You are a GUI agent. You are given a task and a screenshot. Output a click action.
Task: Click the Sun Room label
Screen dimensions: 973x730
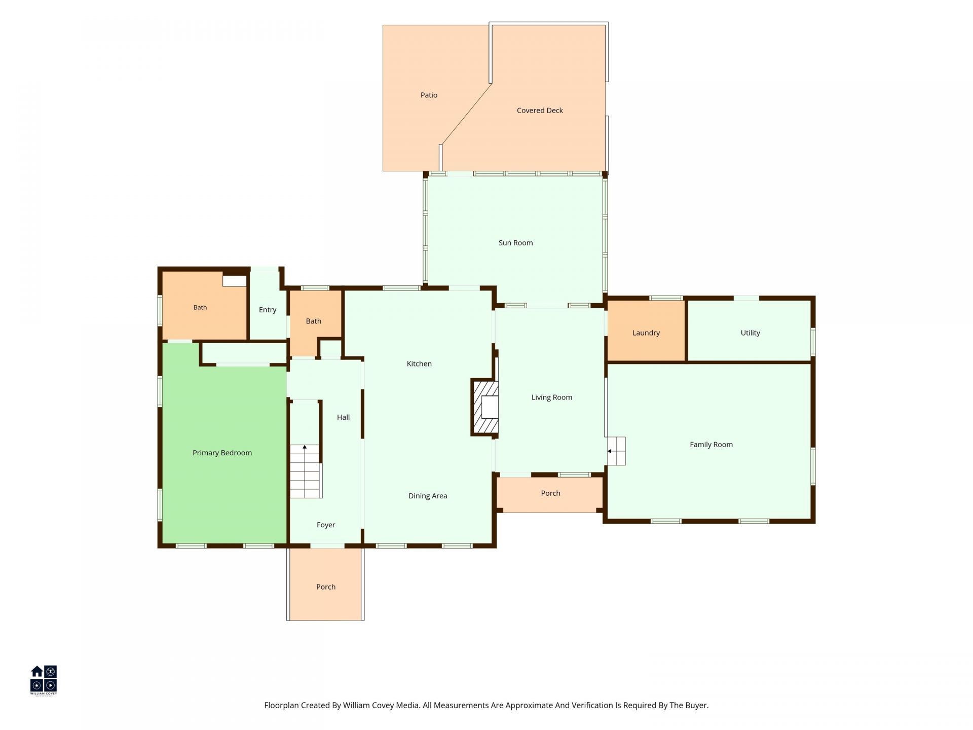(x=515, y=243)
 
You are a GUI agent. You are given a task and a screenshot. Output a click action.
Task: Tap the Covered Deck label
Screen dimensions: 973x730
(x=540, y=111)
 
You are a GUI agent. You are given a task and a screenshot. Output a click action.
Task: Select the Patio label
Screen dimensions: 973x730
(x=429, y=95)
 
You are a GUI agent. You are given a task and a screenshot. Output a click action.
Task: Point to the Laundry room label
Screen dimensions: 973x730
(x=646, y=333)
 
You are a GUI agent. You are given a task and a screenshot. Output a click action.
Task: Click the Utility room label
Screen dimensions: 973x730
(x=751, y=333)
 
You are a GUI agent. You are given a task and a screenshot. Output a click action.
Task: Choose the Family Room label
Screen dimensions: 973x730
(x=711, y=445)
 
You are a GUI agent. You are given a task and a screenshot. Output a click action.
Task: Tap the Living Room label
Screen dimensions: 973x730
(x=552, y=397)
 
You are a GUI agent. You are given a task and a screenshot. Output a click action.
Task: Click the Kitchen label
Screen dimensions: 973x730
(x=419, y=363)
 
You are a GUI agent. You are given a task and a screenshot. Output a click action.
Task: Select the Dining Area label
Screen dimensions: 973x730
(x=428, y=496)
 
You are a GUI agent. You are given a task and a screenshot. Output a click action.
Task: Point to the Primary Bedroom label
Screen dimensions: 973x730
(x=222, y=453)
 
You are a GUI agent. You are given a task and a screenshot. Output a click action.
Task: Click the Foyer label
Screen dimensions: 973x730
(x=326, y=525)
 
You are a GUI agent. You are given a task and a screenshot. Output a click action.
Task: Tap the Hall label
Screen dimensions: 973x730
(x=343, y=417)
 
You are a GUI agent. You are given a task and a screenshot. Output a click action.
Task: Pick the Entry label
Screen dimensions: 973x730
(x=268, y=310)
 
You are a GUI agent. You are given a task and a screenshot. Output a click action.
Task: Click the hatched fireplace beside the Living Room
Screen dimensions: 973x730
(x=485, y=407)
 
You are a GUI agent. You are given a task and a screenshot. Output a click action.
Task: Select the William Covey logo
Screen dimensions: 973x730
(x=44, y=681)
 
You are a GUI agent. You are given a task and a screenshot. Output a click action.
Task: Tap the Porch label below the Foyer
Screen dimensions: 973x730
(x=326, y=587)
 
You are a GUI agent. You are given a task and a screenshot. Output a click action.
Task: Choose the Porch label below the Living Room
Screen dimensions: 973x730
(x=550, y=493)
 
